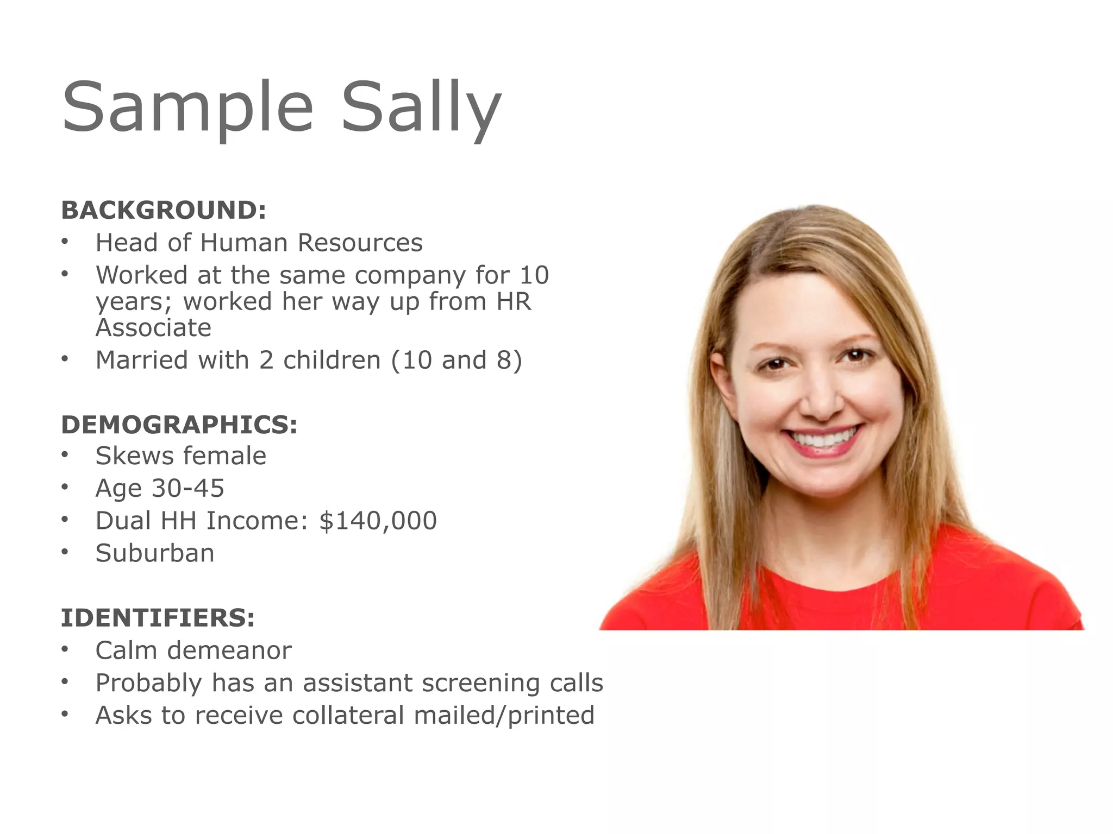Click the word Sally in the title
421,106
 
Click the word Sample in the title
188,106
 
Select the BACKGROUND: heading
164,210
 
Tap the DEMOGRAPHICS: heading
179,424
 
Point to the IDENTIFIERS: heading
158,617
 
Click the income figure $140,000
378,520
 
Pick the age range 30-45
187,488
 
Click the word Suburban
155,553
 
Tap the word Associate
153,327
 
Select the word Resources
360,242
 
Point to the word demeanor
236,650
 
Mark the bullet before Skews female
65,455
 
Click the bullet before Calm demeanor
65,649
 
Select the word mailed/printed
504,715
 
